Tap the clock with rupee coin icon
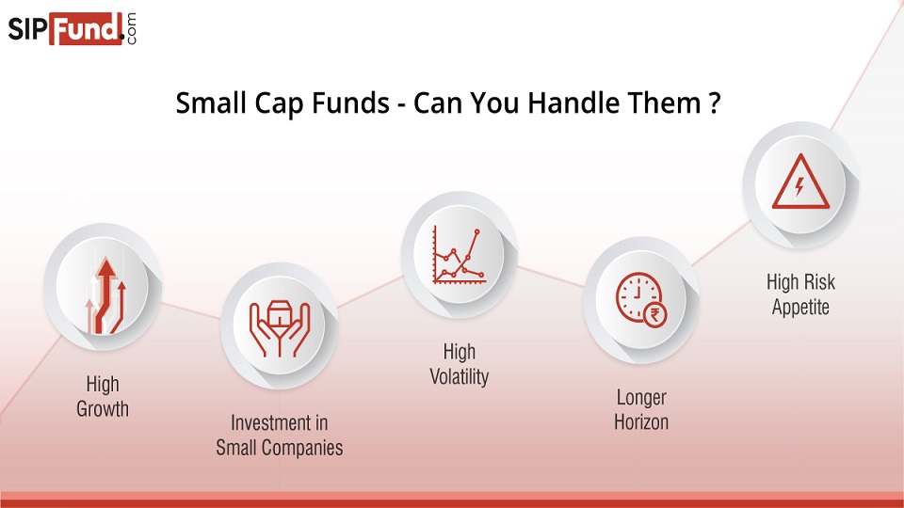[x=641, y=301]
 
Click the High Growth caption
[x=103, y=396]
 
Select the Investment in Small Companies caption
[x=279, y=435]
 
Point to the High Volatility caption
[x=460, y=364]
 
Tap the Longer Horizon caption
[x=641, y=409]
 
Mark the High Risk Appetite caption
[x=800, y=294]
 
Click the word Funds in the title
[x=341, y=103]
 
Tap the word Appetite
[x=800, y=308]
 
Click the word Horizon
[x=641, y=422]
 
